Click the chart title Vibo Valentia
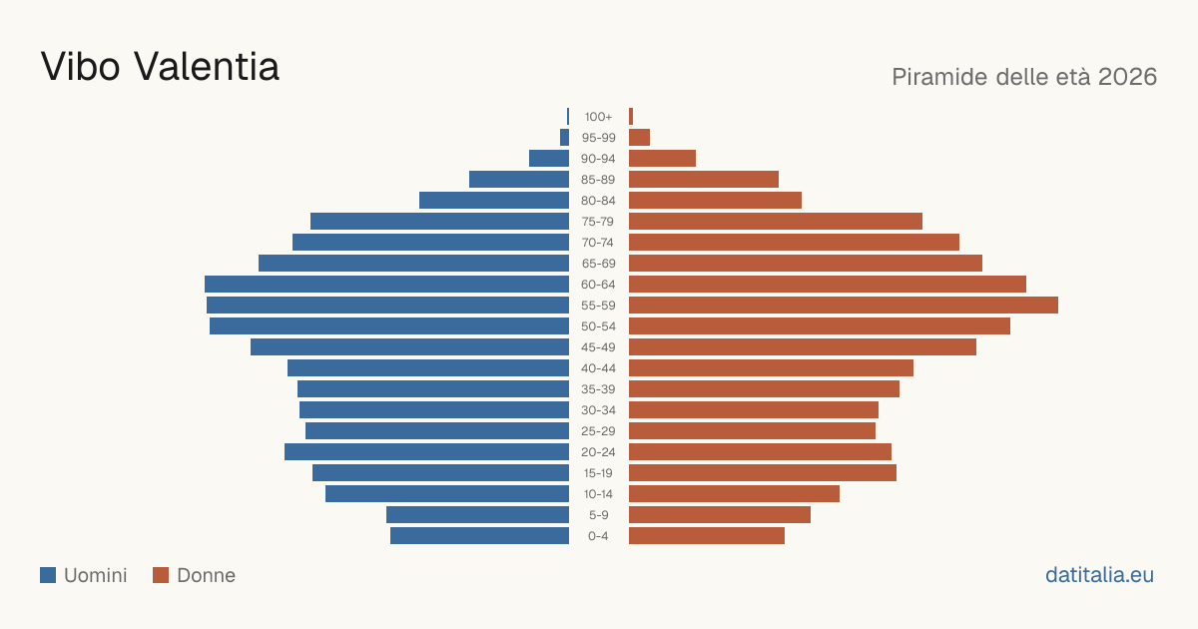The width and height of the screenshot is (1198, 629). click(x=160, y=67)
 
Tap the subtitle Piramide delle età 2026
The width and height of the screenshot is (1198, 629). click(x=1024, y=77)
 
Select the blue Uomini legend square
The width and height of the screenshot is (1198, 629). click(x=48, y=575)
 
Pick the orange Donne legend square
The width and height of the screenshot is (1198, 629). click(x=161, y=575)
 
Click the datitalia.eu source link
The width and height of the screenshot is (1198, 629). click(x=1099, y=575)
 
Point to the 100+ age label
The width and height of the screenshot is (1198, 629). click(x=598, y=117)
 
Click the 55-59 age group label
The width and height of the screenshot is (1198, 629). click(x=598, y=306)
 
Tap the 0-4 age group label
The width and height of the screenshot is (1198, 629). click(x=598, y=536)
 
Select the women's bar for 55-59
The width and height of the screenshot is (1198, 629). click(x=844, y=306)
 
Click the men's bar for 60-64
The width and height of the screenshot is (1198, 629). click(x=386, y=284)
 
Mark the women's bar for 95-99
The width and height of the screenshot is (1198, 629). click(x=639, y=138)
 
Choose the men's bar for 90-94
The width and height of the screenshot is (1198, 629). click(x=549, y=159)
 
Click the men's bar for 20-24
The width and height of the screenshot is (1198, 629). click(x=427, y=452)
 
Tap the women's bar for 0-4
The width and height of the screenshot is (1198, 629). click(x=707, y=536)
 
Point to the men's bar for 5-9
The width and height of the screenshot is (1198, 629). click(x=477, y=515)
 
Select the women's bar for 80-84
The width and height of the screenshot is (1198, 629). click(x=715, y=201)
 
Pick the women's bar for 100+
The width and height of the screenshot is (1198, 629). click(x=631, y=117)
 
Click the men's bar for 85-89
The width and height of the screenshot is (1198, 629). click(x=519, y=179)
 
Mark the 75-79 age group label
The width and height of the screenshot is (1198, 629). click(x=598, y=222)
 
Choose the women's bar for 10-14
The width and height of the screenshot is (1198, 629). click(x=735, y=493)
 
